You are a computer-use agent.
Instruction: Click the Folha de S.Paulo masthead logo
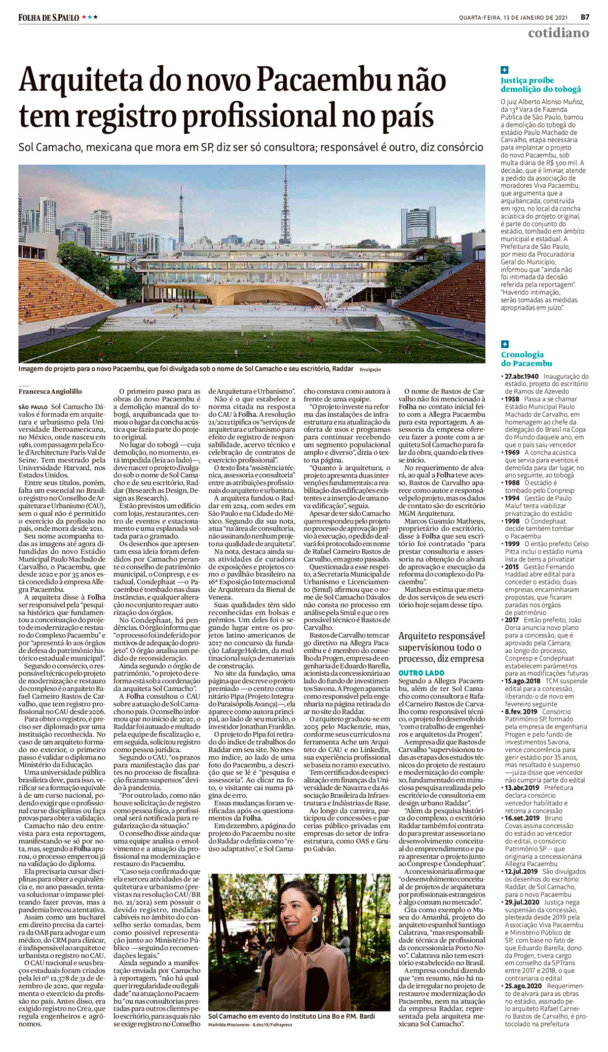click(x=49, y=17)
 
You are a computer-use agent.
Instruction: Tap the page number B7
click(x=585, y=16)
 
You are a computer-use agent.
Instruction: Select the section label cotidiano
click(x=558, y=33)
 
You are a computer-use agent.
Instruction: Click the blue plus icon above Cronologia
click(x=505, y=344)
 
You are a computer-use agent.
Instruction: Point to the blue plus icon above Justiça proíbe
click(x=505, y=70)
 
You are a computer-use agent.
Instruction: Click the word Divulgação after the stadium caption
click(x=370, y=370)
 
